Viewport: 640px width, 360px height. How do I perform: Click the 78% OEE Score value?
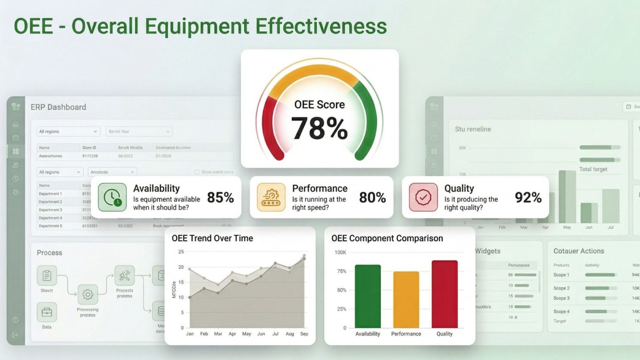click(319, 128)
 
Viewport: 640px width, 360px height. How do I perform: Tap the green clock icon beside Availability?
click(112, 197)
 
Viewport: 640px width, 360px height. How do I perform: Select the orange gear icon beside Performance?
click(271, 197)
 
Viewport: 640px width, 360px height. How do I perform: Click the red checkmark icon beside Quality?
click(423, 197)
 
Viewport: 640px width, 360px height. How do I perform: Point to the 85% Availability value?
click(220, 198)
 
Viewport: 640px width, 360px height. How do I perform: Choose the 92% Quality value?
click(528, 198)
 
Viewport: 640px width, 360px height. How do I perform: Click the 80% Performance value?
click(372, 198)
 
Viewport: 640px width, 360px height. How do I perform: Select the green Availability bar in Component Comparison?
click(368, 296)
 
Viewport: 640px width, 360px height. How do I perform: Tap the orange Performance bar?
click(406, 300)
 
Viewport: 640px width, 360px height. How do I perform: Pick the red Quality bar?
click(444, 294)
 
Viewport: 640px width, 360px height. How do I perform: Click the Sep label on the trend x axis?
click(304, 334)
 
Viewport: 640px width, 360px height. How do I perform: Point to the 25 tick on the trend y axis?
click(181, 252)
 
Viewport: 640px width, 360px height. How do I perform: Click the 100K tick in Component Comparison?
click(340, 252)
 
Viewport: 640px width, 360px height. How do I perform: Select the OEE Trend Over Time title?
click(212, 238)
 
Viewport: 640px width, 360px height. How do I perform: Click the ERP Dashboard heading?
click(58, 107)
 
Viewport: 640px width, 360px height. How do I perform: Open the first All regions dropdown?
click(68, 132)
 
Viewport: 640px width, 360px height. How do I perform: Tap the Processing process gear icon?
click(88, 294)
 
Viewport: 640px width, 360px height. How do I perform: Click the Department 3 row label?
click(50, 210)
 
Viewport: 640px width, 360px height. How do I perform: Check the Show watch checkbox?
click(197, 172)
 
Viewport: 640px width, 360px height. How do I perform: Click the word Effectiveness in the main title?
click(321, 26)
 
